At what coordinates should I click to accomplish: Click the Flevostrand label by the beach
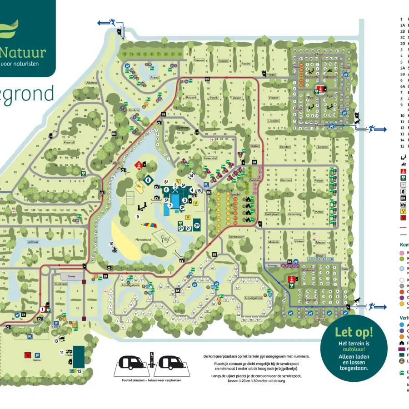(139, 246)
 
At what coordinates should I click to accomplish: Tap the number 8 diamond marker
(148, 180)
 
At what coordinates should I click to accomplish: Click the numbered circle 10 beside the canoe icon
(111, 243)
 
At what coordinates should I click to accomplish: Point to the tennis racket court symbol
(161, 236)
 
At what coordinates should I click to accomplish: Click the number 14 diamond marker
(191, 175)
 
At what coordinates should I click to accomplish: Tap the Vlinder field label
(273, 98)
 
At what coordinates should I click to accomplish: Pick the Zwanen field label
(323, 147)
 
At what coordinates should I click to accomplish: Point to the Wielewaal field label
(310, 270)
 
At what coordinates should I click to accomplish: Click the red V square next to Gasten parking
(28, 355)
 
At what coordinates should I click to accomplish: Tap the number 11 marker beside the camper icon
(62, 352)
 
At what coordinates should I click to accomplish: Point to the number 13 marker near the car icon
(56, 340)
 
